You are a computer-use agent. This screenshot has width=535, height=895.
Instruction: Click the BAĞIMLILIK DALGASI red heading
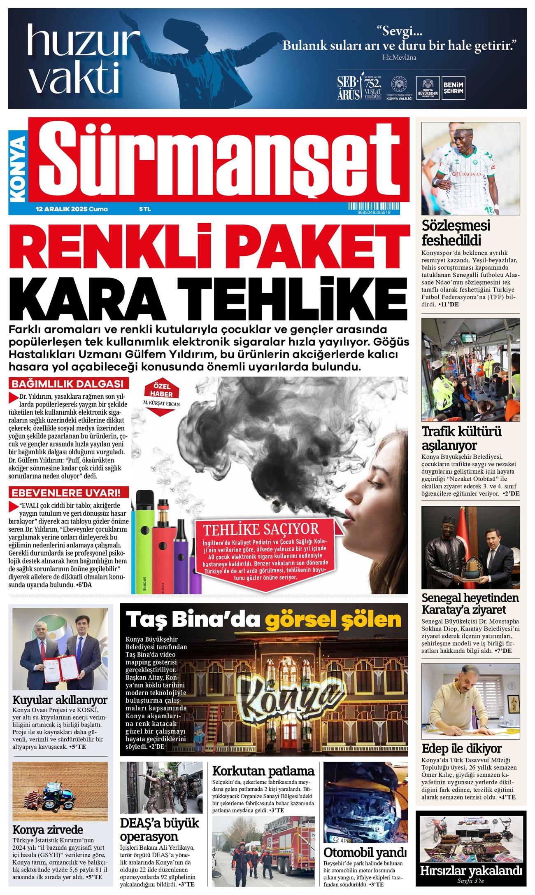point(68,384)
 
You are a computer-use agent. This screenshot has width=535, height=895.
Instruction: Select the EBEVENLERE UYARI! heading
point(68,493)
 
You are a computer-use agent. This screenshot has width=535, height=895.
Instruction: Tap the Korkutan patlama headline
point(263,771)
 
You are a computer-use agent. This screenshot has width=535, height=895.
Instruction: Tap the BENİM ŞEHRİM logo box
point(453,88)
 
